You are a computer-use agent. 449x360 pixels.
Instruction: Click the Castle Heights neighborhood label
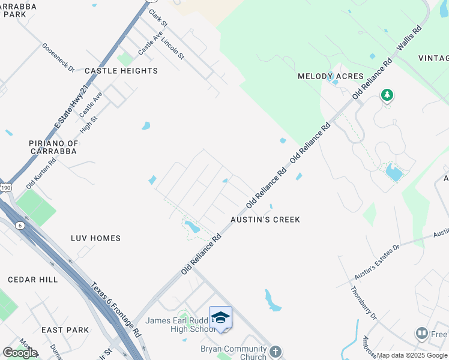[x=121, y=71]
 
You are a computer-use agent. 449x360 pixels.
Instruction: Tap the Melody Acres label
[x=331, y=76]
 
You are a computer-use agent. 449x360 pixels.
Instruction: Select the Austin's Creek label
[x=265, y=220]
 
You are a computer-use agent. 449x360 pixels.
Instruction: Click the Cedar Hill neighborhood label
[x=33, y=280]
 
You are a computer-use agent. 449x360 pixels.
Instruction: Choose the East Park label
[x=65, y=330]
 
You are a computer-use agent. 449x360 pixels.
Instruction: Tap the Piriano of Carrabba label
[x=53, y=147]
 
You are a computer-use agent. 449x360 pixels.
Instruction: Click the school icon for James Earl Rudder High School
[x=220, y=317]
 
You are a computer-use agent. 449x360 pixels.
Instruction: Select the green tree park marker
[x=387, y=95]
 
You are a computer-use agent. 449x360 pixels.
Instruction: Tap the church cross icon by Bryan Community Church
[x=275, y=351]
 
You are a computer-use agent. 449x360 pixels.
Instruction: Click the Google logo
[x=20, y=353]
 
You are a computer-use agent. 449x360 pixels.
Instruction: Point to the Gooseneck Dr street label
[x=58, y=58]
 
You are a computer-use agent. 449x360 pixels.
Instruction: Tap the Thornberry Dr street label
[x=364, y=303]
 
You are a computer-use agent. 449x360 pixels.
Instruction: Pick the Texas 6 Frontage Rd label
[x=116, y=309]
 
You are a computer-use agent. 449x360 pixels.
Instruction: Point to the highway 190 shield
[x=5, y=188]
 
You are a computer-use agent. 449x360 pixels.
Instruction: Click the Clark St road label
[x=157, y=16]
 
